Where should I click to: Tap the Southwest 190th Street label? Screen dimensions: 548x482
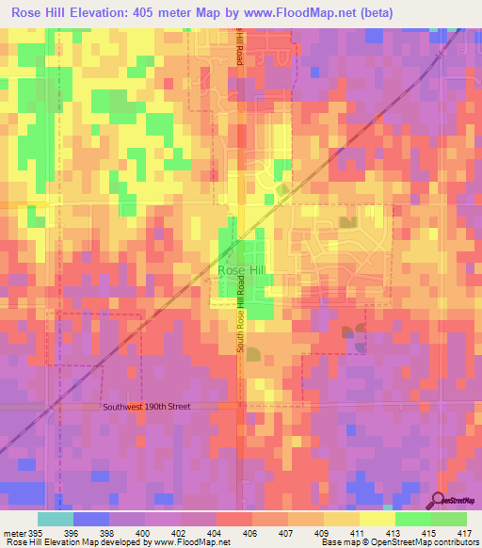pyautogui.click(x=146, y=407)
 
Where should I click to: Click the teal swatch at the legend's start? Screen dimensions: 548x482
pyautogui.click(x=56, y=519)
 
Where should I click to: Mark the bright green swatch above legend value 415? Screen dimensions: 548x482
pyautogui.click(x=413, y=519)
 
